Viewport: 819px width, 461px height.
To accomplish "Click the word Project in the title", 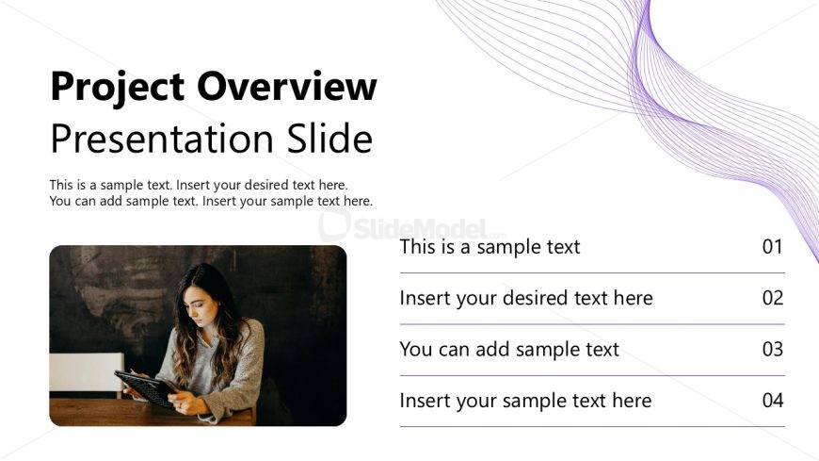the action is pyautogui.click(x=118, y=88).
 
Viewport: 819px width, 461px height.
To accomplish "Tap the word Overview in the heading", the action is pyautogui.click(x=287, y=86).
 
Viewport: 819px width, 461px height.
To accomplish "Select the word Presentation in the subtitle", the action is pyautogui.click(x=162, y=139).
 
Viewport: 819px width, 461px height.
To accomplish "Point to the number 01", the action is pyautogui.click(x=773, y=246).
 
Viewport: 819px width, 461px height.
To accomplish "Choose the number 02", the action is pyautogui.click(x=773, y=298).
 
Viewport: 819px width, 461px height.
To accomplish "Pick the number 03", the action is pyautogui.click(x=773, y=349).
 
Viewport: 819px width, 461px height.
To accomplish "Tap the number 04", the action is pyautogui.click(x=773, y=401).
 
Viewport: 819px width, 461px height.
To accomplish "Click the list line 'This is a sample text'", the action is pyautogui.click(x=490, y=246).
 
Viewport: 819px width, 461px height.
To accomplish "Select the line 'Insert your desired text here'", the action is pyautogui.click(x=526, y=298).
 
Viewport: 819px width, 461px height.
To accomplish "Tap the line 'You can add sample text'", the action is pyautogui.click(x=509, y=349).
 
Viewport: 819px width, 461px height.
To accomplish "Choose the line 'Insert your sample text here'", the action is pyautogui.click(x=525, y=401).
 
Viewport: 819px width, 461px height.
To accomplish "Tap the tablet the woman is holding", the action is pyautogui.click(x=146, y=388).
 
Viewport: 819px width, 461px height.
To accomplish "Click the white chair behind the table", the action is pyautogui.click(x=87, y=372).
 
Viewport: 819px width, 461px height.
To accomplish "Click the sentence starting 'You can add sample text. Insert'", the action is pyautogui.click(x=211, y=201).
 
